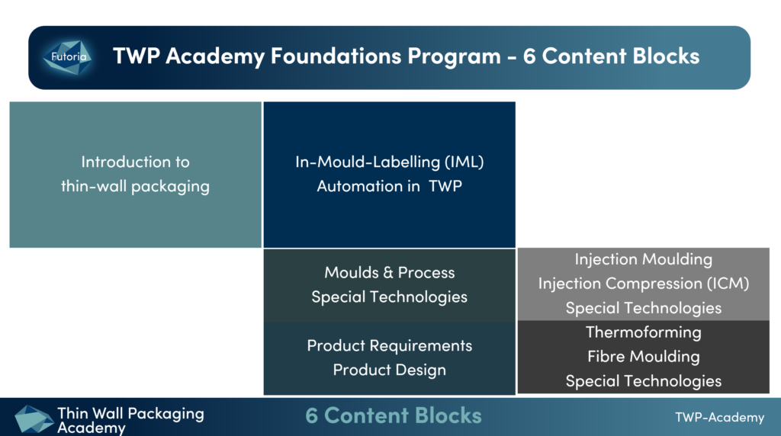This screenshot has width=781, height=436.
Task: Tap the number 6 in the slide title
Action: (529, 56)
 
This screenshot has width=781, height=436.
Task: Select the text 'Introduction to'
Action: (136, 162)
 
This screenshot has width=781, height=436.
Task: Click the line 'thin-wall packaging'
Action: (136, 186)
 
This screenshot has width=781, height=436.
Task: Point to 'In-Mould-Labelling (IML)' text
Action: (390, 162)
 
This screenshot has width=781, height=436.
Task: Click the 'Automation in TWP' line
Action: (390, 186)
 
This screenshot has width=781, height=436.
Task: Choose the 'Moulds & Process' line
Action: (390, 272)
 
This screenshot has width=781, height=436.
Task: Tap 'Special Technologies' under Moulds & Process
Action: (390, 297)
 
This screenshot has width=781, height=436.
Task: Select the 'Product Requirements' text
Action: (390, 345)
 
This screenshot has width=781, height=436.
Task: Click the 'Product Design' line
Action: (390, 370)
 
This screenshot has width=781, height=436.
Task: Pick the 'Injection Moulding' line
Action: (644, 259)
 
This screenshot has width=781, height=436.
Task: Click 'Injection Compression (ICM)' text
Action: (644, 283)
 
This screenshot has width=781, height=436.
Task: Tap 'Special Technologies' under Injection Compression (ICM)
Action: (644, 308)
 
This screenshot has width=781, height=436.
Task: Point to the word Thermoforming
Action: (644, 332)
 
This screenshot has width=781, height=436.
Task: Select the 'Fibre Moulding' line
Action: (644, 356)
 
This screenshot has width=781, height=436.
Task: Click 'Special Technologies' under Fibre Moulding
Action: (644, 381)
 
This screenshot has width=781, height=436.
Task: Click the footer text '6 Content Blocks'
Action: (394, 415)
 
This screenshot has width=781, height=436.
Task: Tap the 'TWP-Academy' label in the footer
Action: (719, 417)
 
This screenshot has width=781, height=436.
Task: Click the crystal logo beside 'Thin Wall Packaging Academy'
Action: (34, 418)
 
